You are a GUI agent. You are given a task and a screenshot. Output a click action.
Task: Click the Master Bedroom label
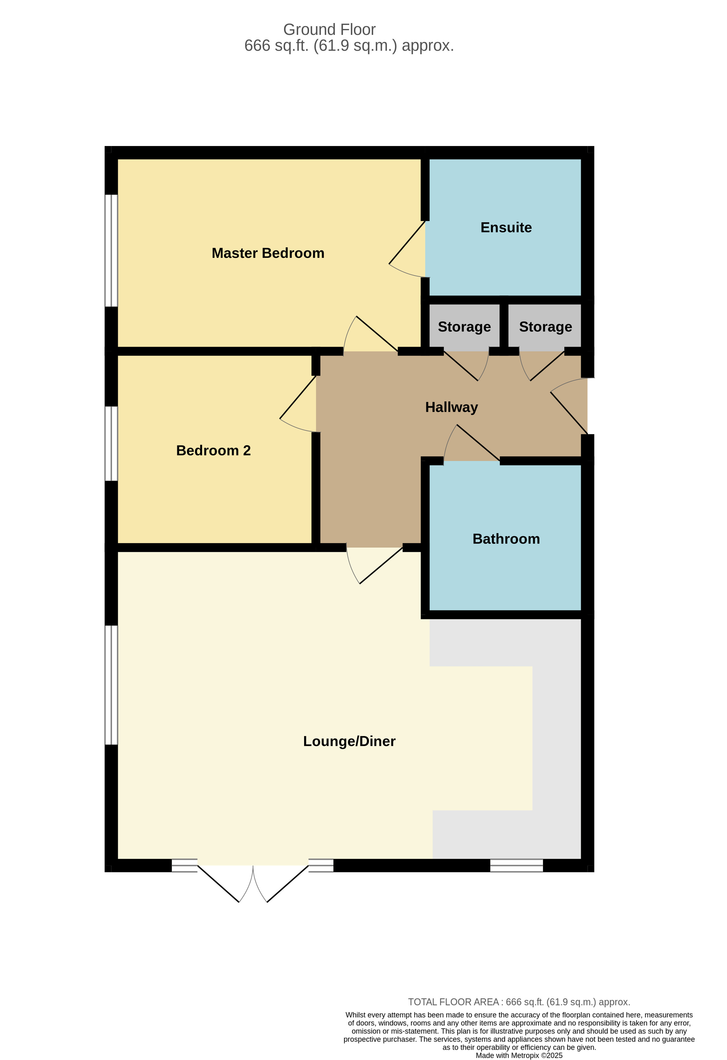click(x=268, y=253)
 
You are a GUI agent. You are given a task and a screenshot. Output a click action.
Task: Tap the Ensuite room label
click(x=506, y=228)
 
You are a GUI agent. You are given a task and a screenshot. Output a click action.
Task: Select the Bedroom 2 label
click(x=213, y=451)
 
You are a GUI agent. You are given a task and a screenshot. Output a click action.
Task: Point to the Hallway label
click(x=451, y=407)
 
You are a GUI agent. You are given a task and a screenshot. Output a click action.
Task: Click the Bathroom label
click(x=506, y=539)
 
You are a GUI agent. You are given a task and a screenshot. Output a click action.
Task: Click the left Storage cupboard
click(x=464, y=327)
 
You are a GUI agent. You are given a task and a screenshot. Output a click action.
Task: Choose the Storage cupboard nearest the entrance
click(x=545, y=327)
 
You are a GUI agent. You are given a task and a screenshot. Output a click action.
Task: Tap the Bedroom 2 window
click(x=111, y=443)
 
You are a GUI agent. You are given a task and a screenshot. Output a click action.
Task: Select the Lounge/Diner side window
click(x=111, y=684)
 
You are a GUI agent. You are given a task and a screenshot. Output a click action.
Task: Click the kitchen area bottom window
click(x=516, y=865)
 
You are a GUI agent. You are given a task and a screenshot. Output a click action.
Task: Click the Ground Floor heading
click(x=329, y=30)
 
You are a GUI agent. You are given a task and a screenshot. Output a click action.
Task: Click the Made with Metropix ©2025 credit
click(x=519, y=1055)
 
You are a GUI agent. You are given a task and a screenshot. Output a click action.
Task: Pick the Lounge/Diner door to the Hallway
click(x=381, y=565)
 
